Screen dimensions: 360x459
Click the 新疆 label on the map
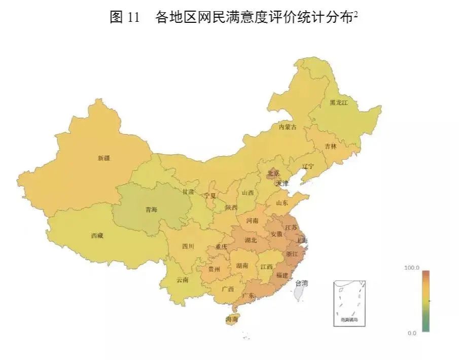click(103, 158)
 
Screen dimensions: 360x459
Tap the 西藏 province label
click(97, 235)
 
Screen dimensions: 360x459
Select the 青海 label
click(151, 209)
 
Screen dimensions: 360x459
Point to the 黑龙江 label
click(339, 102)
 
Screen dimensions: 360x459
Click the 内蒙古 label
click(288, 127)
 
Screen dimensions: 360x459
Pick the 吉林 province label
click(331, 146)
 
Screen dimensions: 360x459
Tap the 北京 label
click(273, 173)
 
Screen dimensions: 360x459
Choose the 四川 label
click(188, 246)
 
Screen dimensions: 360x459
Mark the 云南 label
click(183, 280)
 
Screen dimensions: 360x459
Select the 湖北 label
click(251, 240)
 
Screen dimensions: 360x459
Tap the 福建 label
click(281, 275)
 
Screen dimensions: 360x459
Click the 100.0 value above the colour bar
click(412, 267)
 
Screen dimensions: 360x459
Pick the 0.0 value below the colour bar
click(412, 333)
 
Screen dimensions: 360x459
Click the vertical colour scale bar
click(426, 301)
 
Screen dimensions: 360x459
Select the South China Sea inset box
click(349, 303)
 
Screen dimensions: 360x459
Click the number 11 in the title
click(133, 17)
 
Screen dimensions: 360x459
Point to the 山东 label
click(282, 203)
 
